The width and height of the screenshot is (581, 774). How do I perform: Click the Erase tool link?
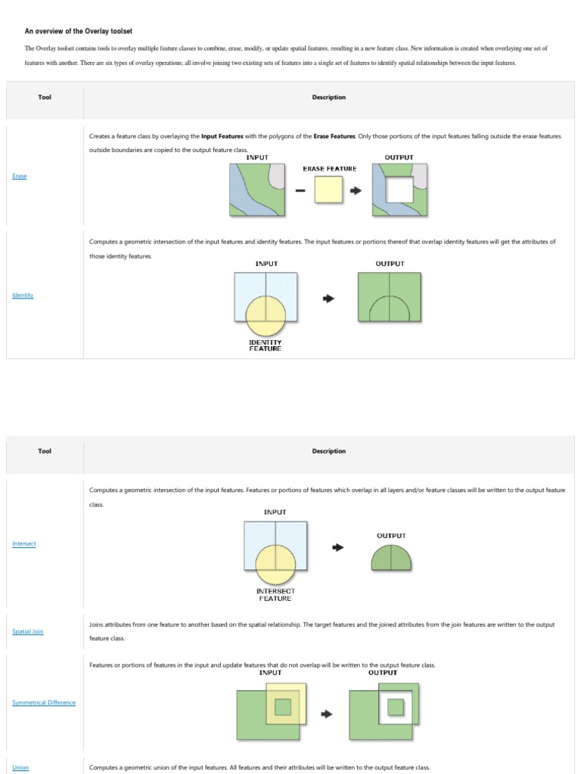(20, 176)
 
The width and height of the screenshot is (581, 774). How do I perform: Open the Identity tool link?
(23, 295)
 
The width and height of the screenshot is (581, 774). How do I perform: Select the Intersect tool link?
(24, 543)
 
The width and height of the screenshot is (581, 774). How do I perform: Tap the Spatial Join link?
(28, 631)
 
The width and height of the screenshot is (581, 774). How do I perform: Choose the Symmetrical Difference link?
(44, 702)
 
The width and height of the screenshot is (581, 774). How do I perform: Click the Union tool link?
(20, 767)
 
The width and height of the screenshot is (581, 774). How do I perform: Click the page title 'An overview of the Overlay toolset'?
(78, 31)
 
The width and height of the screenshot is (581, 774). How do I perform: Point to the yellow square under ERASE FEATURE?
(329, 189)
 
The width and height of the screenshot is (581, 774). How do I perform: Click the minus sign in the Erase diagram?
(300, 190)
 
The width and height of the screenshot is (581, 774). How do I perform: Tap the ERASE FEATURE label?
(329, 169)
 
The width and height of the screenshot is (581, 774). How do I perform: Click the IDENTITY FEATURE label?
(266, 345)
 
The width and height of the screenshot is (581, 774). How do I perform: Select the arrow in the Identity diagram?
(328, 298)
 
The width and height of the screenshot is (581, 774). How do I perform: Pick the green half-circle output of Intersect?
(391, 558)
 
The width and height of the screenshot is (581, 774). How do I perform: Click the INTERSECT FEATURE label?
(275, 594)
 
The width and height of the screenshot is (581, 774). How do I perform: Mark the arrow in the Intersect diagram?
(338, 546)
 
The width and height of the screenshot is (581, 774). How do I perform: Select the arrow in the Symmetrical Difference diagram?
(327, 714)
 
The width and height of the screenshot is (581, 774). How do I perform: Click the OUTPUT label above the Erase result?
(399, 157)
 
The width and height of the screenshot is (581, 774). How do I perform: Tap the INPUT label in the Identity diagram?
(266, 264)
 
